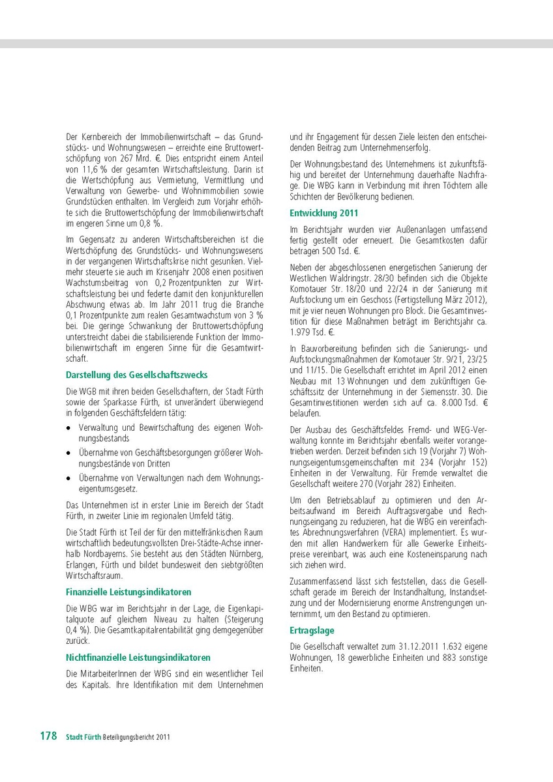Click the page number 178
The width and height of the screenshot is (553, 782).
pos(48,736)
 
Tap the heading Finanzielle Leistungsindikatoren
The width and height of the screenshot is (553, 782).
pos(128,592)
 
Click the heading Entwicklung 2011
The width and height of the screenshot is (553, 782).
pos(323,212)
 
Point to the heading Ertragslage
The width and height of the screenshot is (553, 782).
pos(312,630)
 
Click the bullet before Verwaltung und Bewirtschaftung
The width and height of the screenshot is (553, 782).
pos(69,427)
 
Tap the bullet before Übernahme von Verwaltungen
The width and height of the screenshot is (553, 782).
pos(69,478)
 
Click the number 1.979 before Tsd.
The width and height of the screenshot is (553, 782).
pos(301,331)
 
